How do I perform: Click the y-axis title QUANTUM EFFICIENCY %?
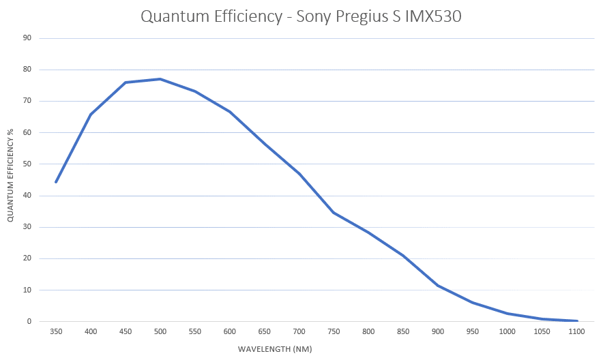pos(10,179)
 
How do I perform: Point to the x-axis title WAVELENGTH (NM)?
pos(274,349)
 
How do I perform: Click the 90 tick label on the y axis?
pos(27,38)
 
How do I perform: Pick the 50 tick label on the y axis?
pos(27,164)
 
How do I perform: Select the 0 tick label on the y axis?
pos(29,322)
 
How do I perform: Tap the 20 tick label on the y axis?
pos(27,259)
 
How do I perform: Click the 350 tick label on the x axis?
pos(56,332)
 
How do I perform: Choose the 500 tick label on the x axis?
pos(160,332)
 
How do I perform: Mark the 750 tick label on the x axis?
pos(334,332)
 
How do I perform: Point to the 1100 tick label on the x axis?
pos(577,332)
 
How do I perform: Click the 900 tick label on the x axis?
pos(438,332)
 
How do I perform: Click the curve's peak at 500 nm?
pos(160,79)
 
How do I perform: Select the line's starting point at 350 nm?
pos(56,182)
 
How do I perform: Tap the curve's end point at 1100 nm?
pos(577,320)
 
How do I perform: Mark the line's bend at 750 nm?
pos(334,213)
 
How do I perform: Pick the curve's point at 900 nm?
pos(438,286)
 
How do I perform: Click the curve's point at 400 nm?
pos(91,115)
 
